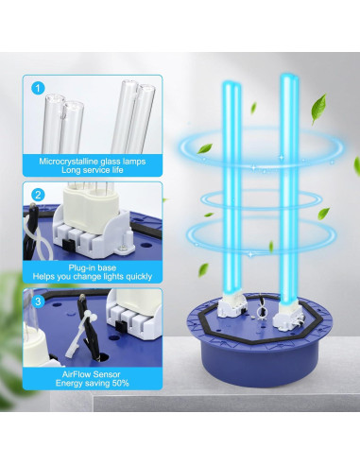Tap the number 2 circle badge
coord(39,195)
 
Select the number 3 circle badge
coord(39,302)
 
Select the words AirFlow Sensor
coord(91,374)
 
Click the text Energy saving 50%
coord(91,386)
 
